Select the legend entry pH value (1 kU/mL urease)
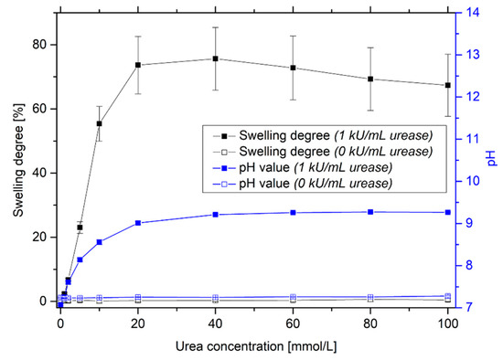coord(302,168)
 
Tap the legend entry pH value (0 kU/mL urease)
coord(302,184)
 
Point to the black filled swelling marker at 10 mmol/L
coord(99,123)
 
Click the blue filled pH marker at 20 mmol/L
coord(138,223)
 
